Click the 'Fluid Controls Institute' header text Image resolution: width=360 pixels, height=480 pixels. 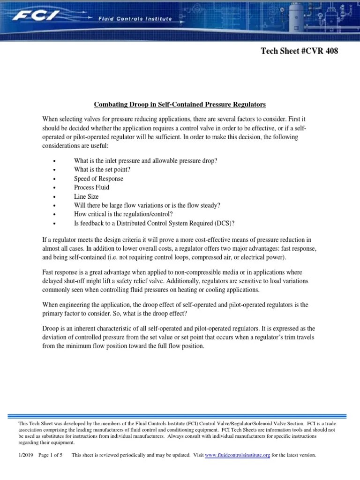click(135, 19)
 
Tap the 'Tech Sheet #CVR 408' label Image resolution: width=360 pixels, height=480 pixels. click(299, 51)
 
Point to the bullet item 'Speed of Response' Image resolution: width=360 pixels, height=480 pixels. click(98, 179)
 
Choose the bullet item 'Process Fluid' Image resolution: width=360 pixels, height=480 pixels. click(91, 187)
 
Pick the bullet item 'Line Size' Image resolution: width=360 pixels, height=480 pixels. click(86, 196)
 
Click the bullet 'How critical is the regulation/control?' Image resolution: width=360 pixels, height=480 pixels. click(127, 214)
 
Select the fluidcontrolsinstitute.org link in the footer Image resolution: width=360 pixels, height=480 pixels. click(237, 455)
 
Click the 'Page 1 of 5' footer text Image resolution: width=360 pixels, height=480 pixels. click(50, 455)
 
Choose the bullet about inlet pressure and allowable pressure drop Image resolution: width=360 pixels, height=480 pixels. click(145, 161)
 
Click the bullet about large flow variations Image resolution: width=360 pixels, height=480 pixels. click(147, 205)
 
